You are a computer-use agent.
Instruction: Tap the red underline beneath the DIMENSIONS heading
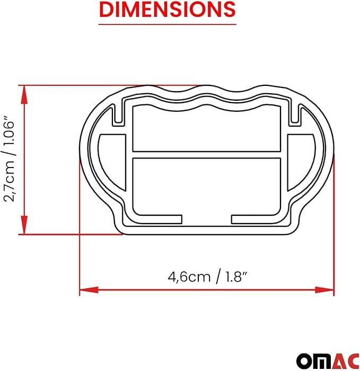(168, 24)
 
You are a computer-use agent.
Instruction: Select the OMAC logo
(324, 358)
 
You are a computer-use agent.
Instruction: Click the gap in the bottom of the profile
(206, 219)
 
